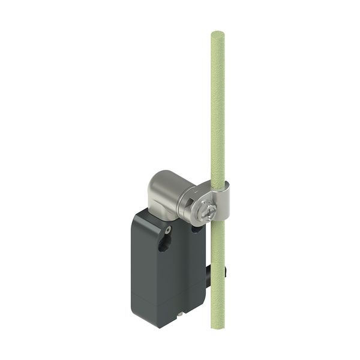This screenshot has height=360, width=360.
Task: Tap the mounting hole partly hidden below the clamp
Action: click(196, 228)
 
